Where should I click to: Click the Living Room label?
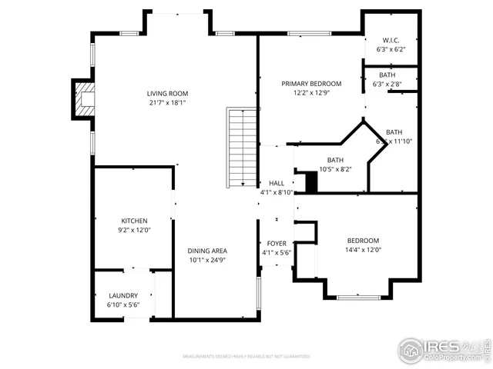[x=167, y=95]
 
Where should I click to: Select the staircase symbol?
[x=242, y=148]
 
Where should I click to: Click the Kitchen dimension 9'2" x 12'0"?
[x=134, y=230]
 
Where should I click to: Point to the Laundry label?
[x=123, y=295]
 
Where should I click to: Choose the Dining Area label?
[x=207, y=251]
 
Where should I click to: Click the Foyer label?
[x=277, y=244]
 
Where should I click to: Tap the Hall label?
[x=277, y=183]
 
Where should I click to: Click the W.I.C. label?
[x=391, y=40]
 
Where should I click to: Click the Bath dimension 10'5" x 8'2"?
[x=335, y=169]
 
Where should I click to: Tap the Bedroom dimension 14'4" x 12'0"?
[x=363, y=250]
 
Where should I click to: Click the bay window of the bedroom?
[x=358, y=297]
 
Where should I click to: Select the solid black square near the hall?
[x=310, y=183]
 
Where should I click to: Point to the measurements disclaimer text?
[x=246, y=357]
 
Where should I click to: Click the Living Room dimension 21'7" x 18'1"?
[x=167, y=103]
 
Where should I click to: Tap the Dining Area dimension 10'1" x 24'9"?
[x=207, y=260]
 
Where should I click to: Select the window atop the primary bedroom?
[x=310, y=33]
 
